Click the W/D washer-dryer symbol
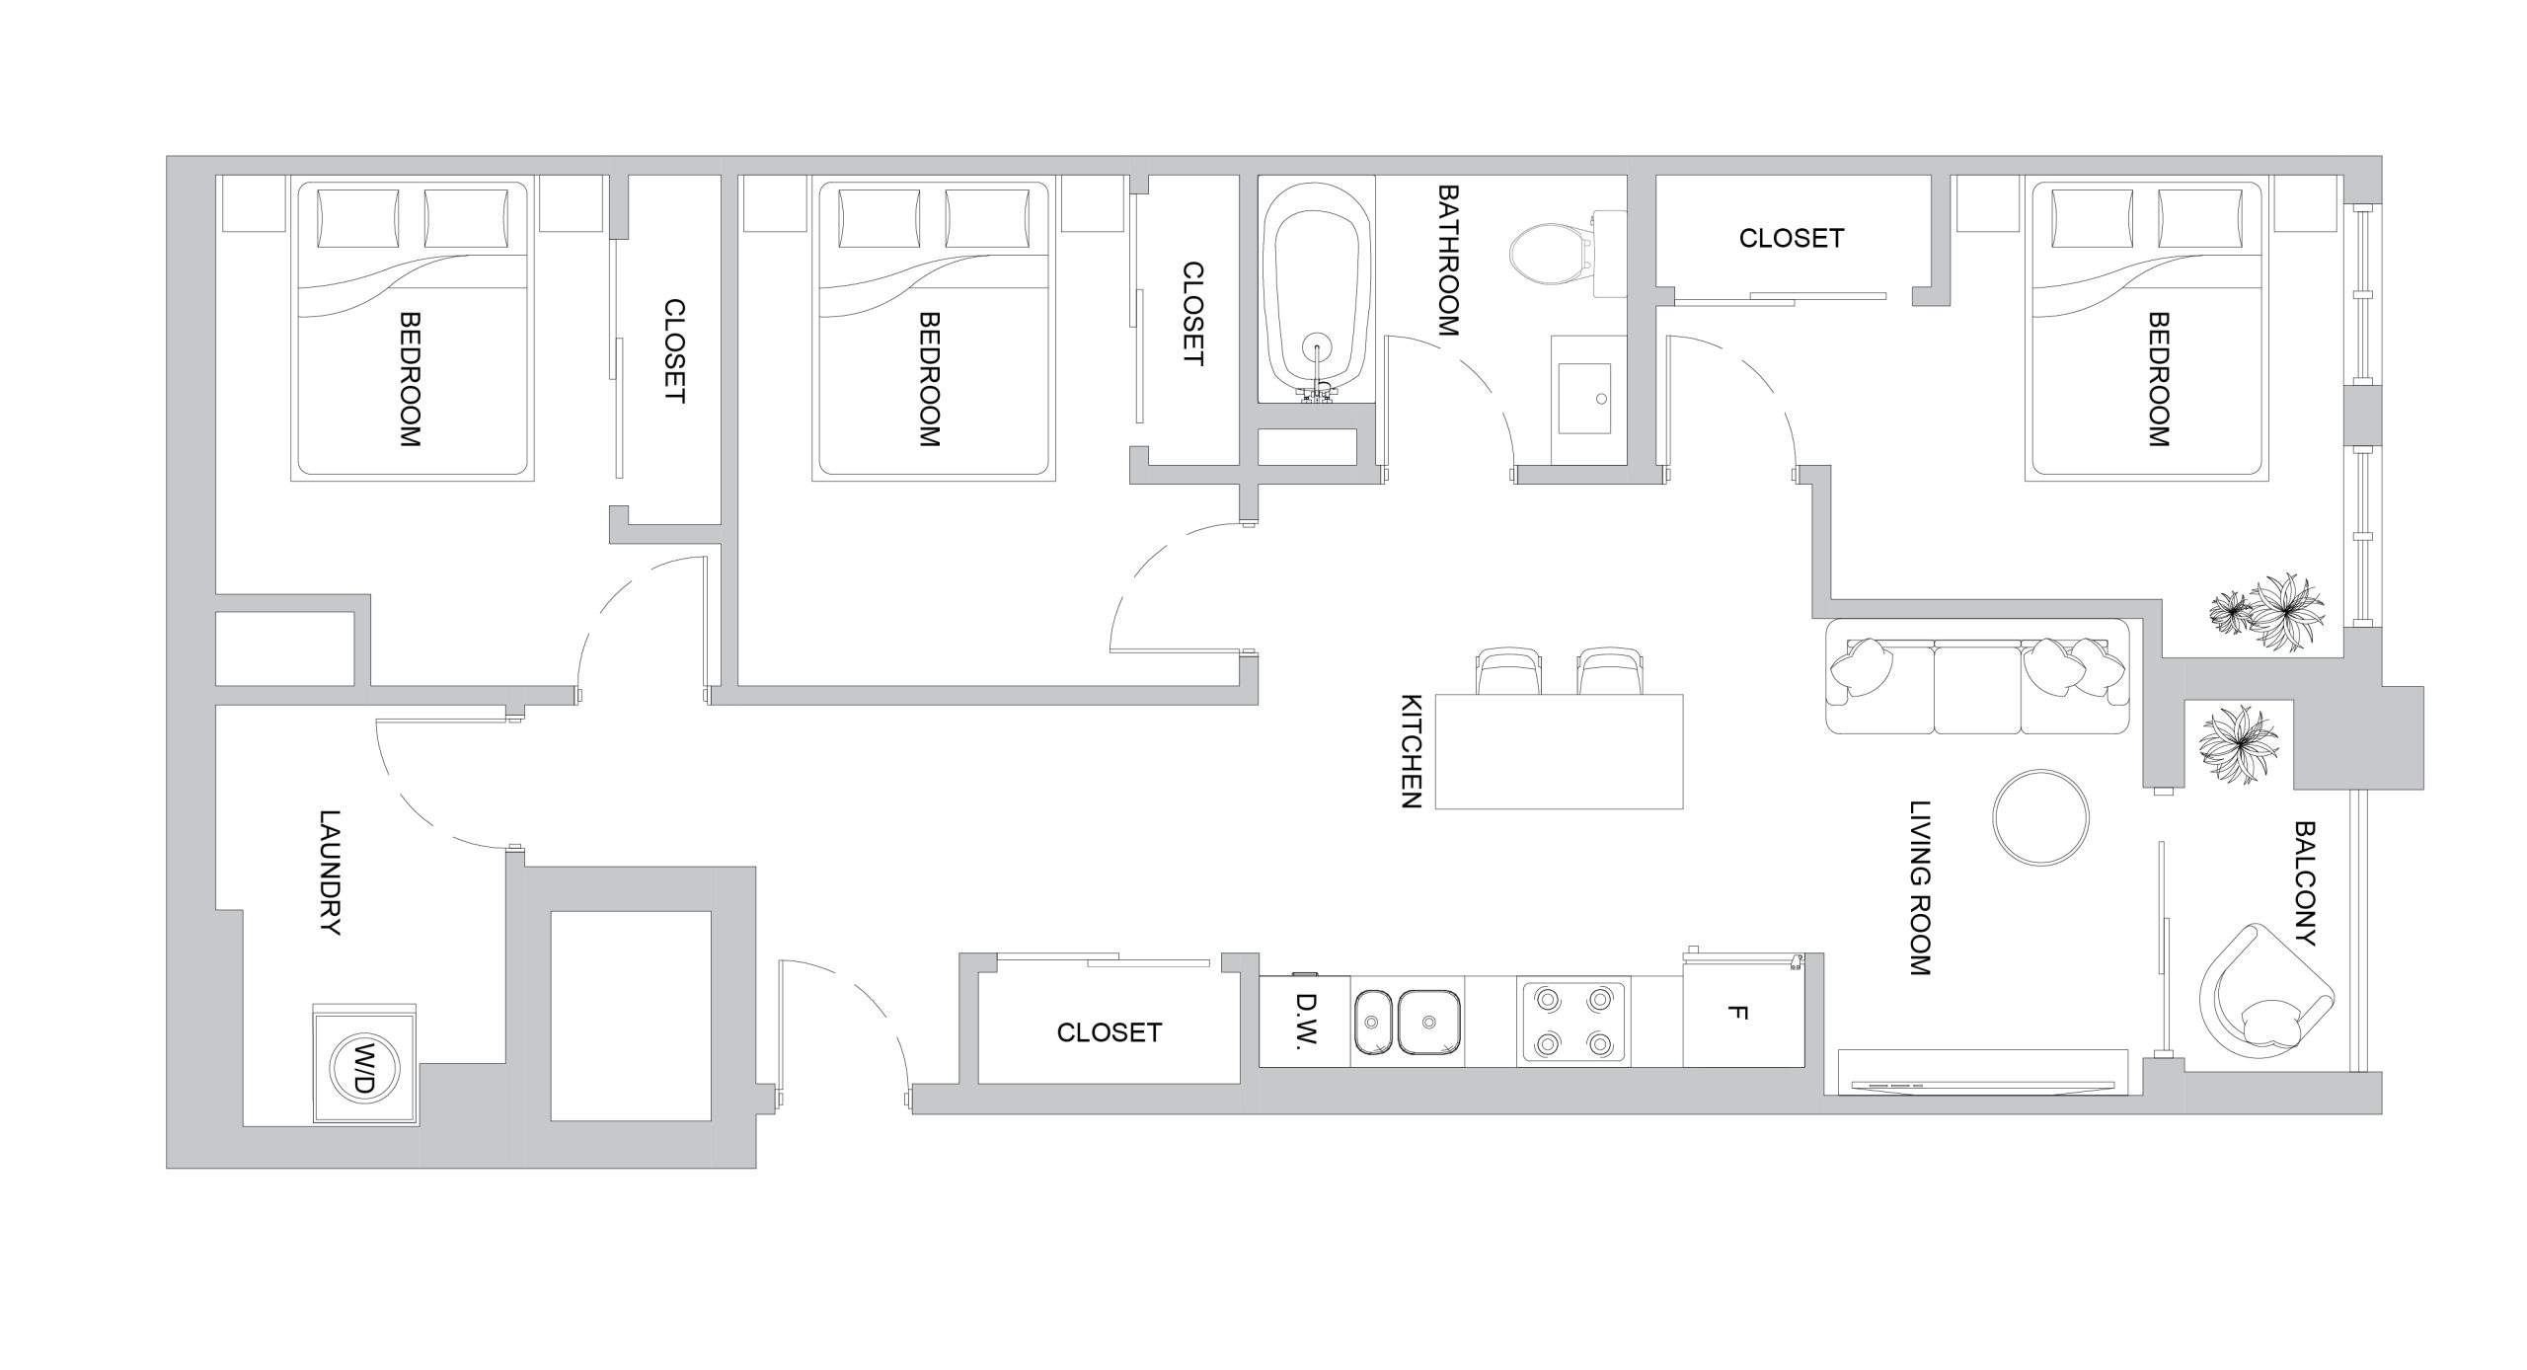365,1065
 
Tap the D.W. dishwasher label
1305,1021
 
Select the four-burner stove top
1572,1022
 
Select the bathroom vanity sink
1587,399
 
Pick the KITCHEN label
1412,751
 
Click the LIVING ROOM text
1920,887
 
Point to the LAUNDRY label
330,873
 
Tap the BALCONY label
2305,882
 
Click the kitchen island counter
1559,751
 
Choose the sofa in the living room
1977,676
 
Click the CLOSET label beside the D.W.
1109,1032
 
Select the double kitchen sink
1409,1022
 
